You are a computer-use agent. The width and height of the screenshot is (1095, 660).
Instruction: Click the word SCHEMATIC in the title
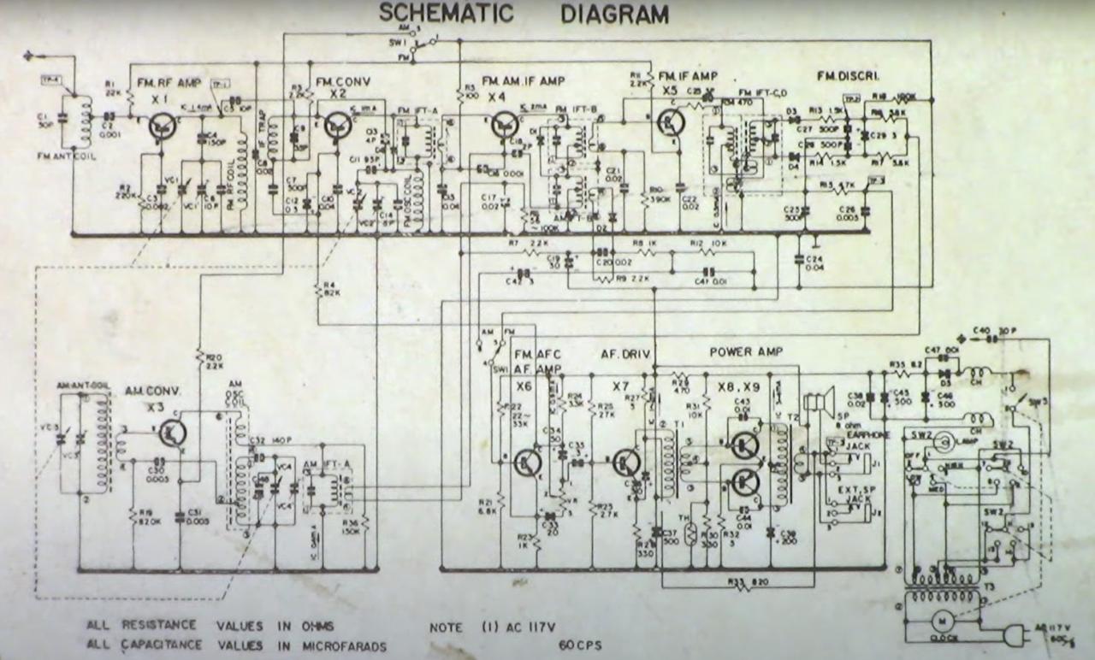(446, 14)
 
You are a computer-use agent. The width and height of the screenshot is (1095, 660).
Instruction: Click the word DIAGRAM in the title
(614, 15)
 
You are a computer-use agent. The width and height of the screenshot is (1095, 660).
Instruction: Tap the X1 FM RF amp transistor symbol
(161, 127)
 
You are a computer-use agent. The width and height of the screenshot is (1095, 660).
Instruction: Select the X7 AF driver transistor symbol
(628, 462)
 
